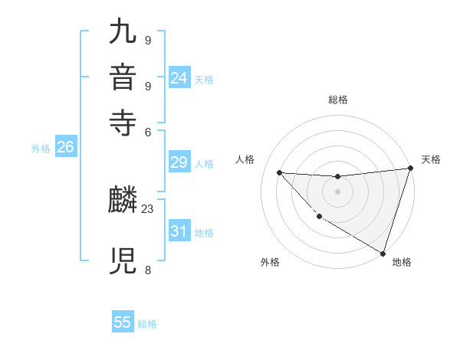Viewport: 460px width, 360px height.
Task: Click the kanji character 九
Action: [123, 34]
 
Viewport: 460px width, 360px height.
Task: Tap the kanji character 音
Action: [123, 79]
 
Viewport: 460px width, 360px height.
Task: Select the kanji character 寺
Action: [123, 123]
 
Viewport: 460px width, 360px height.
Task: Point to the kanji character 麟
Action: [123, 201]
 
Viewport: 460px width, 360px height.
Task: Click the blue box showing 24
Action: [179, 77]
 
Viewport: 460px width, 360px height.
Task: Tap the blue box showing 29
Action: [179, 162]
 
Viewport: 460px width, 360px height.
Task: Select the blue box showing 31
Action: [179, 231]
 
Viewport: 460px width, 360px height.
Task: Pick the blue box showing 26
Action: [65, 148]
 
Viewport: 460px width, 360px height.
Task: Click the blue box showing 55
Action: [123, 322]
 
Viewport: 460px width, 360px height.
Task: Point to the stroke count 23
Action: [148, 208]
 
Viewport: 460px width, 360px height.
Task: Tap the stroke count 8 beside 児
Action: [147, 270]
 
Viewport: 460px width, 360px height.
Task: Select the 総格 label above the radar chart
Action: [337, 100]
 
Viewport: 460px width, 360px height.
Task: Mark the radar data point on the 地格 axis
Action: [383, 253]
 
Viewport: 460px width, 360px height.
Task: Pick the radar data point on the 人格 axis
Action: [279, 172]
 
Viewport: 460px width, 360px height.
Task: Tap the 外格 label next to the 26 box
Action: [41, 149]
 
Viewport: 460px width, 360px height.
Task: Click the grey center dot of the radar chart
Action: [337, 191]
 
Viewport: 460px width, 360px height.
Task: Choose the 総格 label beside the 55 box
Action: [147, 324]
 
